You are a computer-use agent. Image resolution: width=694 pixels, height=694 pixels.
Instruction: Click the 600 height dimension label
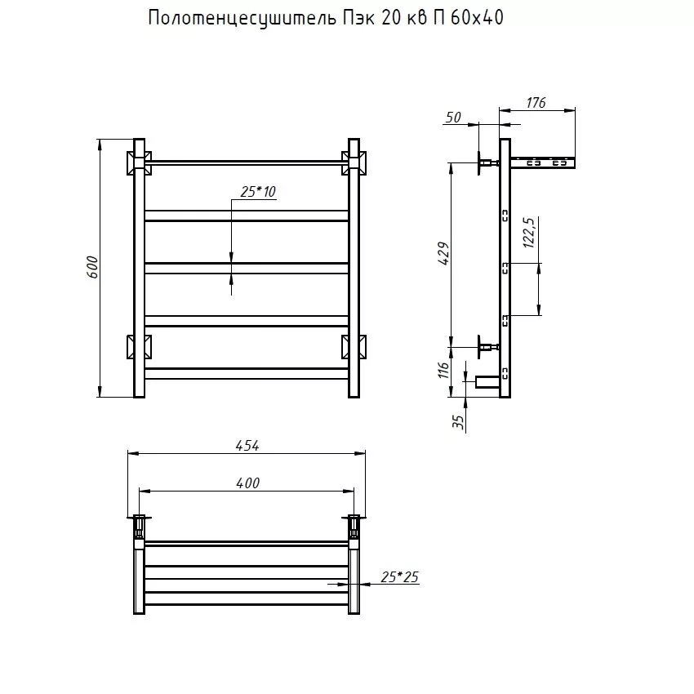tap(92, 268)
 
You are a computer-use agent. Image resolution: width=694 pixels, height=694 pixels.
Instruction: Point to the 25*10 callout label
tap(258, 191)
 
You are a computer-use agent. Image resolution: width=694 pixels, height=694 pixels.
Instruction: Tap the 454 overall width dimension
tap(247, 445)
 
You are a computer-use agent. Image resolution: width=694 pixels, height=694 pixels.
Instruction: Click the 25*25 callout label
tap(399, 577)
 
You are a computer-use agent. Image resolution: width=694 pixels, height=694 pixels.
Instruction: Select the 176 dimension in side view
tap(536, 103)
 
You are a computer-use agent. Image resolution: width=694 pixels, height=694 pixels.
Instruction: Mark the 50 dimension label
tap(453, 118)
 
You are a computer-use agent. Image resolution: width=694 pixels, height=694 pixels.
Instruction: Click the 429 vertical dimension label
tap(443, 254)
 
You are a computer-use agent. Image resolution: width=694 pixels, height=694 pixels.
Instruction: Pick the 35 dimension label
tap(458, 421)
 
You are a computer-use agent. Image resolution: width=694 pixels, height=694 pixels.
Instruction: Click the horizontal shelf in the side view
tap(543, 162)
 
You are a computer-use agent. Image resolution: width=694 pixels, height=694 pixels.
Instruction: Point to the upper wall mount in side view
tap(485, 164)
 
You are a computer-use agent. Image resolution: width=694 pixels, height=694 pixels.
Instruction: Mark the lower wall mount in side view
tap(485, 349)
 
